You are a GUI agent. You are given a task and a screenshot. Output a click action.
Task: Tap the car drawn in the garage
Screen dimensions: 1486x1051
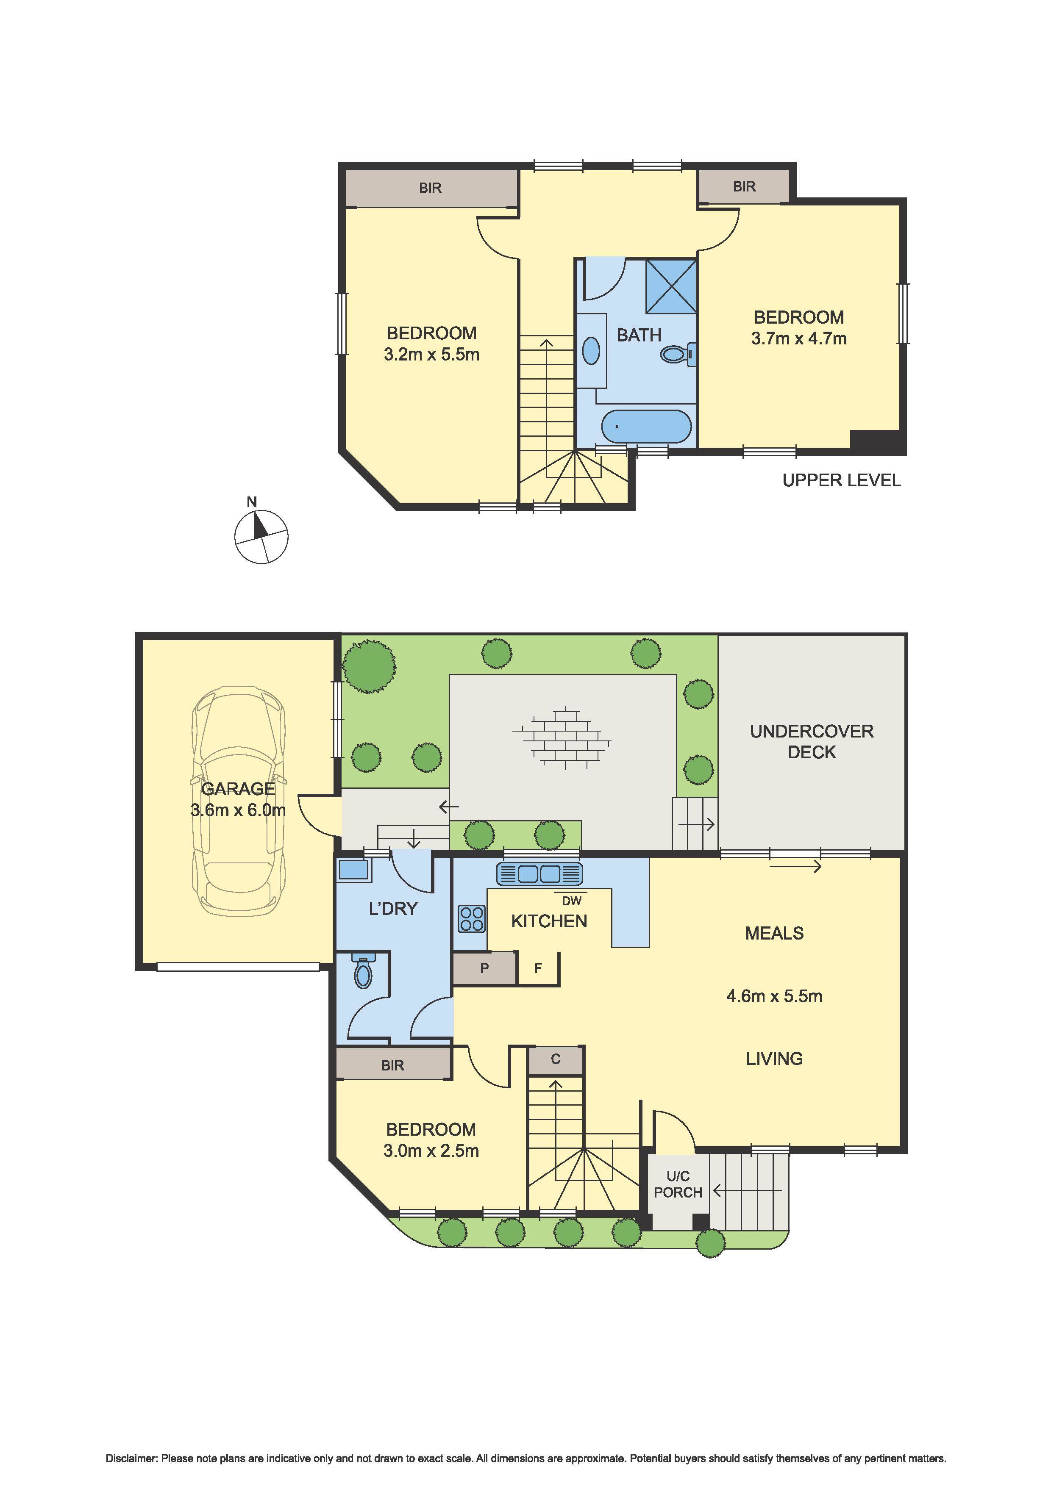238,801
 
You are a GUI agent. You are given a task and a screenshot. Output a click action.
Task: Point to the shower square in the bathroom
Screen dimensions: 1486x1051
670,286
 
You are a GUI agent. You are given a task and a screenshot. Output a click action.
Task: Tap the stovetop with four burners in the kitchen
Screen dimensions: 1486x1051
471,918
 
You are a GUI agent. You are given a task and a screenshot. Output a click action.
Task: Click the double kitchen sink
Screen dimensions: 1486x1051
539,874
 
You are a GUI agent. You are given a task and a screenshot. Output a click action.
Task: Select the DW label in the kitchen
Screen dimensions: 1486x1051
571,900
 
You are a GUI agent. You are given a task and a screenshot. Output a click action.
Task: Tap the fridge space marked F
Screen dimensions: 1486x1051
537,968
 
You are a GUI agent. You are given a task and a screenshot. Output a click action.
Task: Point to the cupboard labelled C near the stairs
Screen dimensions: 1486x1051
556,1059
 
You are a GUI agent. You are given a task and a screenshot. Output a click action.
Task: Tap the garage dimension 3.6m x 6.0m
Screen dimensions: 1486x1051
238,810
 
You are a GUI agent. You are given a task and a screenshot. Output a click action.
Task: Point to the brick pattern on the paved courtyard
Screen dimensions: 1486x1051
562,737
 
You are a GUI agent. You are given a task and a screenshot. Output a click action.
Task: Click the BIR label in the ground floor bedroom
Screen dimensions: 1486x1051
392,1065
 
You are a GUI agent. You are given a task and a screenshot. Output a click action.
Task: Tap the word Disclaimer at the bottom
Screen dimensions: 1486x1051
131,1458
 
